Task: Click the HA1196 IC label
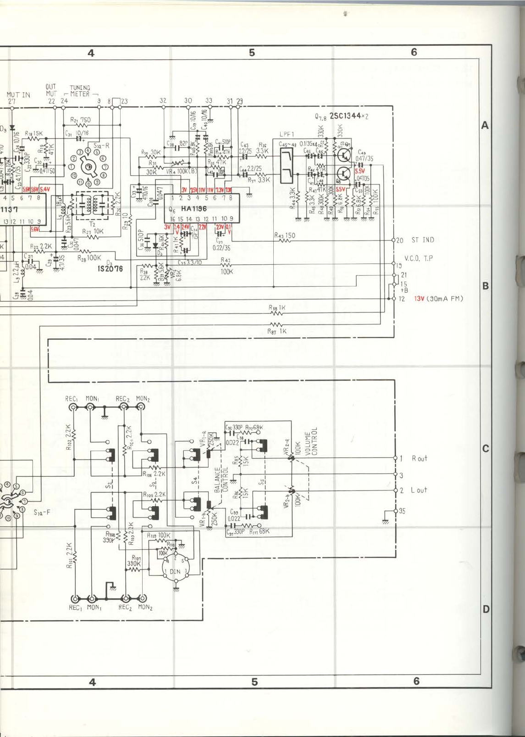193,209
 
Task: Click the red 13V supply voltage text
419,299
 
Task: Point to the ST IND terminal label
422,240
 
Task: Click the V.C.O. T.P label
418,258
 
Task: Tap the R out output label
419,458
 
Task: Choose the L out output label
419,490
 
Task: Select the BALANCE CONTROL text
221,479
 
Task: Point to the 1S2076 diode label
110,268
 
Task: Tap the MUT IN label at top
18,95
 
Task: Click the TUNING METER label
80,90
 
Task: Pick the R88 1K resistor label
277,307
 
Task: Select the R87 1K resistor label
277,331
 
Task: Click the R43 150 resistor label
285,235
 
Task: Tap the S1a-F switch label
42,512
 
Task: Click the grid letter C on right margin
486,448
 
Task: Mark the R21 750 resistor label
81,120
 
